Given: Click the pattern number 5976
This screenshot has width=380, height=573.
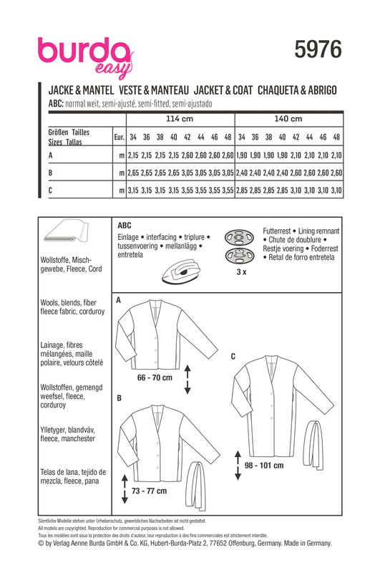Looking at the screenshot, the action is [x=318, y=49].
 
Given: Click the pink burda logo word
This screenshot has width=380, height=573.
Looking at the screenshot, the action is [x=84, y=51].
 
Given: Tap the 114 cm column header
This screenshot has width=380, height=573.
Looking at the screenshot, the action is [x=180, y=119].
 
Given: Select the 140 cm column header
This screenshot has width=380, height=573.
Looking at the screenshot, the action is [x=288, y=119].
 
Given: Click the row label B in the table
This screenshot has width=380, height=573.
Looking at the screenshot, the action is [x=50, y=173].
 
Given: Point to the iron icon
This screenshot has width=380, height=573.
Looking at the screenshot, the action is [x=182, y=271].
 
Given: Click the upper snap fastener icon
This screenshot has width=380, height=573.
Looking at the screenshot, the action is [x=239, y=238].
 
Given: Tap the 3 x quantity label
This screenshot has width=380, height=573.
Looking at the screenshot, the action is [x=241, y=272].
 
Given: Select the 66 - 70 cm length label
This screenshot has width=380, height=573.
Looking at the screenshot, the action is [x=155, y=377].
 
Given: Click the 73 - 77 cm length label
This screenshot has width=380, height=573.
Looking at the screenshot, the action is [x=149, y=491].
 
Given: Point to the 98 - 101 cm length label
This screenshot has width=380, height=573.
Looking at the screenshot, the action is [x=264, y=465].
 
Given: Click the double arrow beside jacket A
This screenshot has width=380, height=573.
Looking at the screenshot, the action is [x=187, y=379].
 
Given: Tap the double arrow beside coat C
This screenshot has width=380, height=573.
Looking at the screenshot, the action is [x=238, y=465].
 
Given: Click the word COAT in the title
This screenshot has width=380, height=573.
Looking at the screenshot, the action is [x=243, y=90].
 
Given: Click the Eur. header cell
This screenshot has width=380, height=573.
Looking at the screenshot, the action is [x=120, y=137].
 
